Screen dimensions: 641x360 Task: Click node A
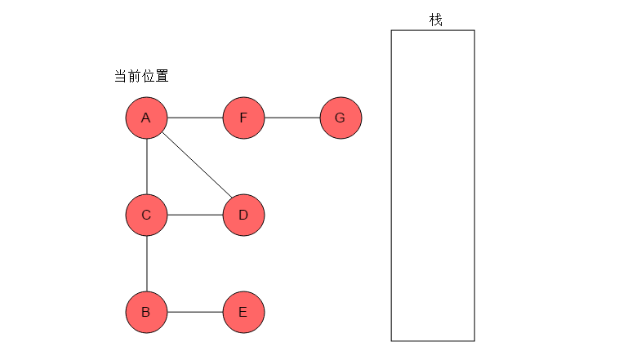[146, 118]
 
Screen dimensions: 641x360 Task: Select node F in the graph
[243, 118]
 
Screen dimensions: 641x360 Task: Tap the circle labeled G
[341, 118]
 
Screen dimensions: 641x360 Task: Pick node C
[146, 215]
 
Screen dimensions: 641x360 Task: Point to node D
[243, 215]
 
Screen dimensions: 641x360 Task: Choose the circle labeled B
[146, 312]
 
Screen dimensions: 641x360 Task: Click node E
[243, 312]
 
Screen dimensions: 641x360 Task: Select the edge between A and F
[195, 118]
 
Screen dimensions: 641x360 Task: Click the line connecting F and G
[292, 118]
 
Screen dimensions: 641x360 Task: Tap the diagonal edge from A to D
[197, 165]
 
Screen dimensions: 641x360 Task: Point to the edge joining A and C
[147, 167]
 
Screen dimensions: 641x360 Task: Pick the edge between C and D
[195, 215]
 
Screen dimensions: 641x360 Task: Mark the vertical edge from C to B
[147, 264]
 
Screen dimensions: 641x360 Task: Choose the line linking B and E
[195, 312]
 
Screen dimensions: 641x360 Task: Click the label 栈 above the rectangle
[436, 20]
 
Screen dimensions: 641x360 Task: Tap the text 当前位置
[141, 76]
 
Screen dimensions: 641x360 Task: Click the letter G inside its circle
[340, 118]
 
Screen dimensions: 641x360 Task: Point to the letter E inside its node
[243, 312]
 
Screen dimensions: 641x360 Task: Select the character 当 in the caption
[121, 76]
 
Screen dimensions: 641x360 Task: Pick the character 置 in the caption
[162, 76]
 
